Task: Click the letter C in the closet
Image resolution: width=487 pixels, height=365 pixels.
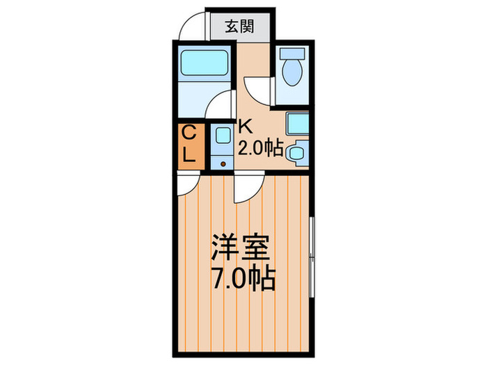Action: (189, 132)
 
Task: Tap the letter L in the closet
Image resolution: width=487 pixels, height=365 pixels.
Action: (189, 156)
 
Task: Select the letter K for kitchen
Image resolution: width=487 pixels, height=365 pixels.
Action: (246, 127)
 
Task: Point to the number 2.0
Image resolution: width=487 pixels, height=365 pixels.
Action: (253, 148)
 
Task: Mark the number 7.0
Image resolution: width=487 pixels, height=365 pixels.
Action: (230, 279)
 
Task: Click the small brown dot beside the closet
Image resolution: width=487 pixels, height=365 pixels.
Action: (223, 164)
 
